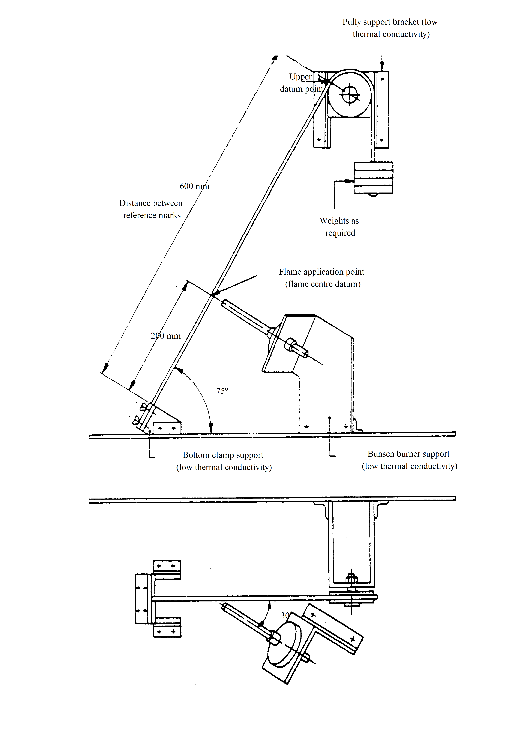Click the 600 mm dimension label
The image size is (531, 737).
point(195,186)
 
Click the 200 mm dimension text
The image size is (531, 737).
point(166,336)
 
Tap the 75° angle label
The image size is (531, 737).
point(222,391)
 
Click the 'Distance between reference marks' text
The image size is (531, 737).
point(151,209)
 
